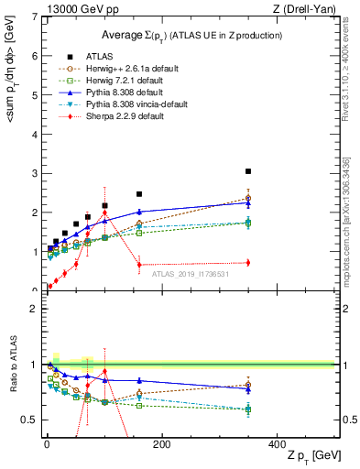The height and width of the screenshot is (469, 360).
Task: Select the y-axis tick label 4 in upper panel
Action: [34, 134]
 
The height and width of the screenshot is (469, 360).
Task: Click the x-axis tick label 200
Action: [161, 444]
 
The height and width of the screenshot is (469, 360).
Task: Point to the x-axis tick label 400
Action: [277, 444]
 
